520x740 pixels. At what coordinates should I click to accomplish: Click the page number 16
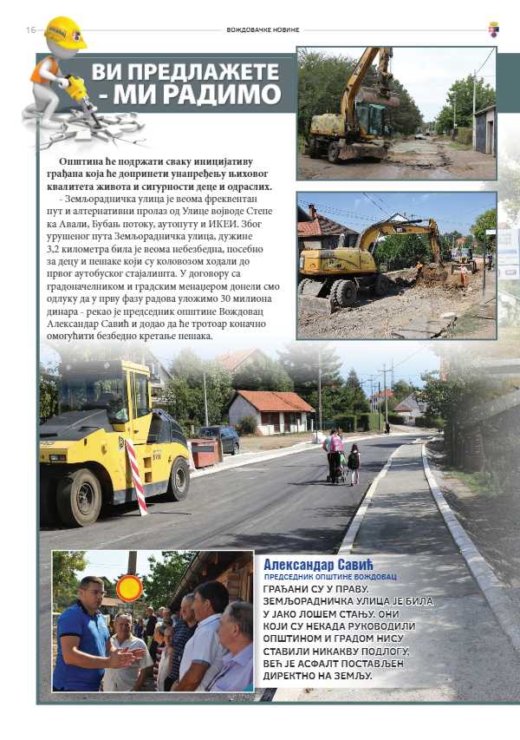click(30, 29)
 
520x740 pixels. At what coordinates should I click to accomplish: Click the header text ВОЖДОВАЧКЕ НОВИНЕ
click(263, 29)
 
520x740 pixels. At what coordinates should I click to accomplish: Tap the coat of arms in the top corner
click(493, 29)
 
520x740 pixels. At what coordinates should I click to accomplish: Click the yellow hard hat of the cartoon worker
click(66, 33)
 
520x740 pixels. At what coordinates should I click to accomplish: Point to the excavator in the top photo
click(355, 109)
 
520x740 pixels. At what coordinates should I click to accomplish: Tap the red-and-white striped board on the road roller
click(136, 476)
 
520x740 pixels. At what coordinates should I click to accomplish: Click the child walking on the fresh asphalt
click(354, 463)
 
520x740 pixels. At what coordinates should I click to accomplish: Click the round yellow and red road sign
click(129, 588)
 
